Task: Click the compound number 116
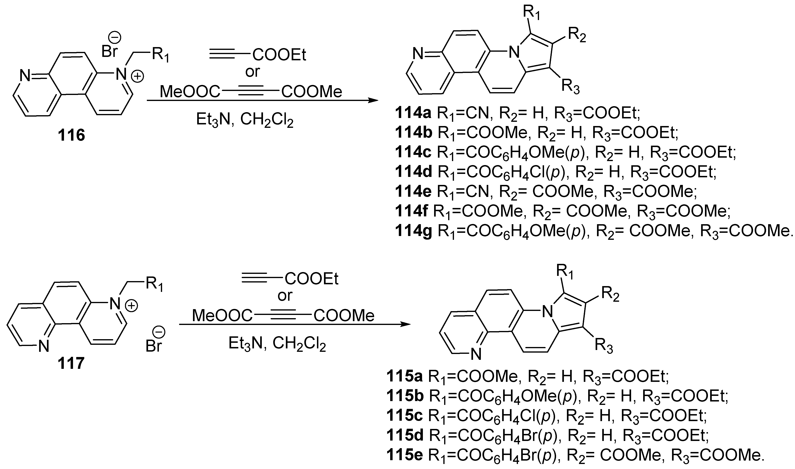(x=71, y=135)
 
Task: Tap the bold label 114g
(x=413, y=231)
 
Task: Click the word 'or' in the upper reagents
(x=252, y=72)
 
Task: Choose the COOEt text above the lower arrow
(x=312, y=279)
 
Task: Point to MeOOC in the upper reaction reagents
(x=190, y=92)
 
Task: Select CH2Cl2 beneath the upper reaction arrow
(x=267, y=120)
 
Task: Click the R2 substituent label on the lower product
(x=610, y=295)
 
